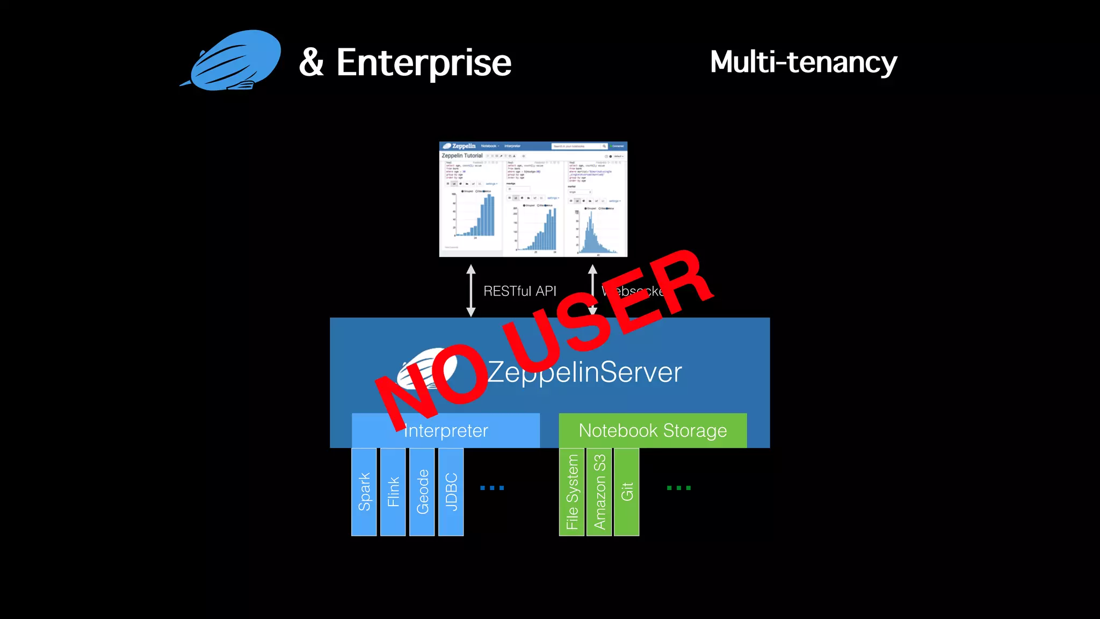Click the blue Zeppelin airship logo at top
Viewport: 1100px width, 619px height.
234,61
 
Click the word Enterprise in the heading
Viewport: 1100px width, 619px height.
423,63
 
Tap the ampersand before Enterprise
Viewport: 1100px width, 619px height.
311,62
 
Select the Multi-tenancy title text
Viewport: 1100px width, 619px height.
803,62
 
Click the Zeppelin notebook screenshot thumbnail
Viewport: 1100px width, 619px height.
533,199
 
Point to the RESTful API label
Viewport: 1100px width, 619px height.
519,291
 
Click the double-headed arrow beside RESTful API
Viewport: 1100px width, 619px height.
471,290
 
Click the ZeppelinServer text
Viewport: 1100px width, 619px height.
585,372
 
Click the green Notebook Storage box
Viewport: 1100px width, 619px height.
653,430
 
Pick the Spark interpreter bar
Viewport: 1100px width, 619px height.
364,492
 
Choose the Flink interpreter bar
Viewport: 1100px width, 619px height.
393,492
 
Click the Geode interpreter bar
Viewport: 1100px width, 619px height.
422,492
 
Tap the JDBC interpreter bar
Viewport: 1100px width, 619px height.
451,492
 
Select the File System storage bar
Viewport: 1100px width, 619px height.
571,492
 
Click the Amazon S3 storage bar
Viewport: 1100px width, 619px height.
599,492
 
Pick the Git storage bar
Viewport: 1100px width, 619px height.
626,492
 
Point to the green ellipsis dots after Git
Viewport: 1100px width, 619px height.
678,488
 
